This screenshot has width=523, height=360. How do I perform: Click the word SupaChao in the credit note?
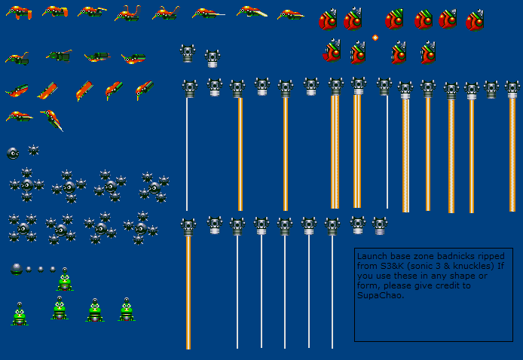pos(381,295)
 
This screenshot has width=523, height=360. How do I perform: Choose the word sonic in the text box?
pos(421,266)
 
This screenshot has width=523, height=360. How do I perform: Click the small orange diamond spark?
pos(375,38)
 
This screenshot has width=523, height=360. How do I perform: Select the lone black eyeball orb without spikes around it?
pos(13,154)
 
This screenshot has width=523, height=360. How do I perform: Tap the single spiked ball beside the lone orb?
pos(33,151)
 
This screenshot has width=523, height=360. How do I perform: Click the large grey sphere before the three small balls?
pos(17,269)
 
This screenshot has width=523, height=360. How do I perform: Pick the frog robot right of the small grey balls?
pos(65,279)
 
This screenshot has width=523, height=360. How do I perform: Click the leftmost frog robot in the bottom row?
pos(20,314)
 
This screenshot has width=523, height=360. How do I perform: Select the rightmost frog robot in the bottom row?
pos(127,310)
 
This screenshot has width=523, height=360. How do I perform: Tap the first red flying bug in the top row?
pos(19,12)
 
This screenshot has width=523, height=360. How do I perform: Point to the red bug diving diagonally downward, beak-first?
pos(52,120)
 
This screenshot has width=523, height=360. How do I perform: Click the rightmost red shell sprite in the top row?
pos(475,20)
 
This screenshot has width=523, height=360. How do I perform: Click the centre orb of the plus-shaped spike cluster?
pos(26,185)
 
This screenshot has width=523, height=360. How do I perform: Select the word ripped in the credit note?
pos(491,256)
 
